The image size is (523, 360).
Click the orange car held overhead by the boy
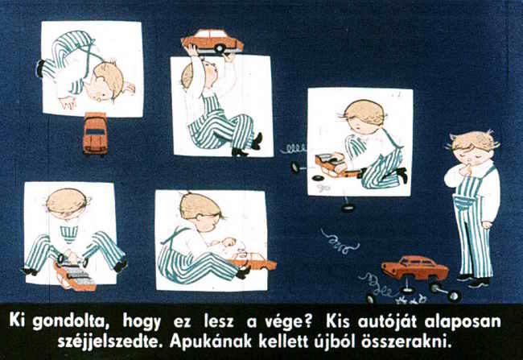tap(212, 41)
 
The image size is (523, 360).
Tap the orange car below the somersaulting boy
tap(96, 134)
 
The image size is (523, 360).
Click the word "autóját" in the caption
tap(387, 321)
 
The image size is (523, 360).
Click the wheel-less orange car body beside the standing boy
tap(414, 268)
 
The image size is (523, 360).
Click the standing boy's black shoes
tap(474, 281)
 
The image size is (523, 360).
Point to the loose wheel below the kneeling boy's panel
tap(348, 208)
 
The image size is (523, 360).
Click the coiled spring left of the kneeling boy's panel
tap(294, 149)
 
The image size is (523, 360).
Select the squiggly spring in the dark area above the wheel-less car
tap(340, 241)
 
